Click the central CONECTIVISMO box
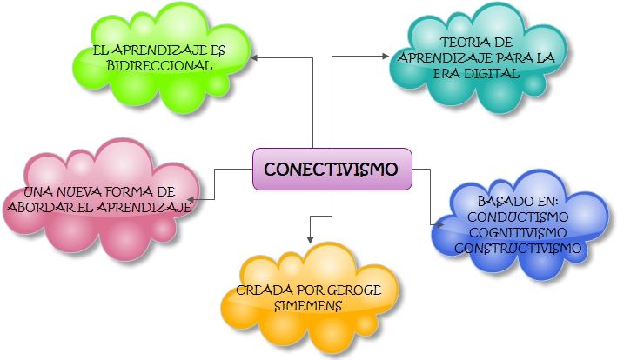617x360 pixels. pyautogui.click(x=332, y=169)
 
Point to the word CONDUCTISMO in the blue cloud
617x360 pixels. pyautogui.click(x=518, y=217)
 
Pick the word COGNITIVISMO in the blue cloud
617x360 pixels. pyautogui.click(x=518, y=232)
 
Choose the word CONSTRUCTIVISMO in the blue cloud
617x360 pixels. pyautogui.click(x=518, y=249)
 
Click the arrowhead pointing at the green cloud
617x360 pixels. pyautogui.click(x=255, y=57)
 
